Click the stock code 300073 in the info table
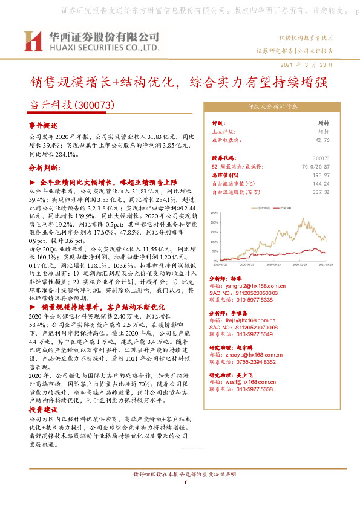coord(321,158)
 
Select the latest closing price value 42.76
coord(322,140)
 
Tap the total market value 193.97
coord(322,175)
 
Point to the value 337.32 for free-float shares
coord(321,192)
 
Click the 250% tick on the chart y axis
coord(214,213)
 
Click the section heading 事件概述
coord(43,125)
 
